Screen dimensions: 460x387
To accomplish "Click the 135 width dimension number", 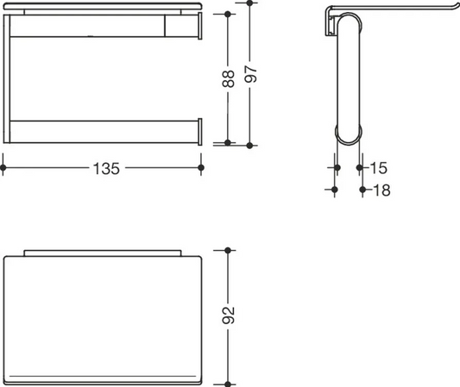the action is click(106, 168).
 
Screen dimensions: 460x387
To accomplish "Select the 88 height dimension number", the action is click(228, 78).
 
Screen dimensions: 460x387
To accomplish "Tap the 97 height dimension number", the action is click(251, 74).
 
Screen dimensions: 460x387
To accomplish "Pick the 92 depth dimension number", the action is click(228, 315).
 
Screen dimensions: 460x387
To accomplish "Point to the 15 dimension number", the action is click(379, 168).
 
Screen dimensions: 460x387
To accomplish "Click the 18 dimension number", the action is click(382, 190).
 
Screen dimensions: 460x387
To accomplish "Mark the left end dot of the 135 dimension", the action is click(3, 167).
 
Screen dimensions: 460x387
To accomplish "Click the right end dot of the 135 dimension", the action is click(201, 167).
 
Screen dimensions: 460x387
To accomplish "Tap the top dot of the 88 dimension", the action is click(228, 14).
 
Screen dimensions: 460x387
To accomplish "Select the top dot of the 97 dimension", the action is click(249, 3).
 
